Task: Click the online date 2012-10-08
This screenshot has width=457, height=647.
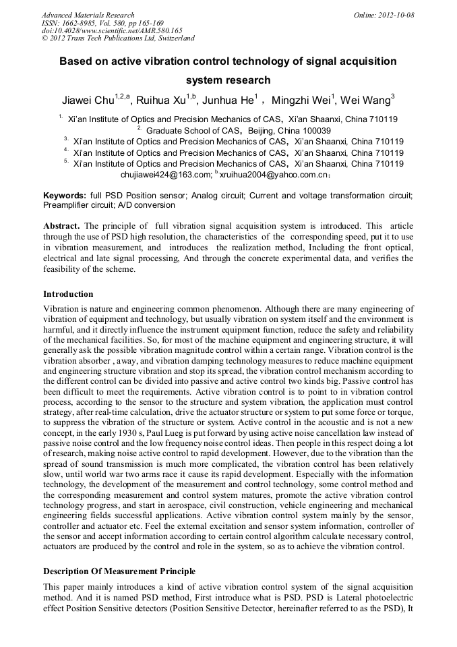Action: pyautogui.click(x=397, y=15)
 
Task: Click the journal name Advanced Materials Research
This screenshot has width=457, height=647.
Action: pyautogui.click(x=88, y=15)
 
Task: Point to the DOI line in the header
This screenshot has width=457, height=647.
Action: pyautogui.click(x=112, y=30)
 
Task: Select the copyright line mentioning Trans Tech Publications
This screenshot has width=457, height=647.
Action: pyautogui.click(x=118, y=38)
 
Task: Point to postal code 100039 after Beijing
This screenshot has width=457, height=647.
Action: pyautogui.click(x=313, y=131)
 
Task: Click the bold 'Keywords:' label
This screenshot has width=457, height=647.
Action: pyautogui.click(x=65, y=195)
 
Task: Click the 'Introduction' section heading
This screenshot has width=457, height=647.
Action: pyautogui.click(x=68, y=294)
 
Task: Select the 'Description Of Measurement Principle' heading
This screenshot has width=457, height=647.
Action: pyautogui.click(x=119, y=571)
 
